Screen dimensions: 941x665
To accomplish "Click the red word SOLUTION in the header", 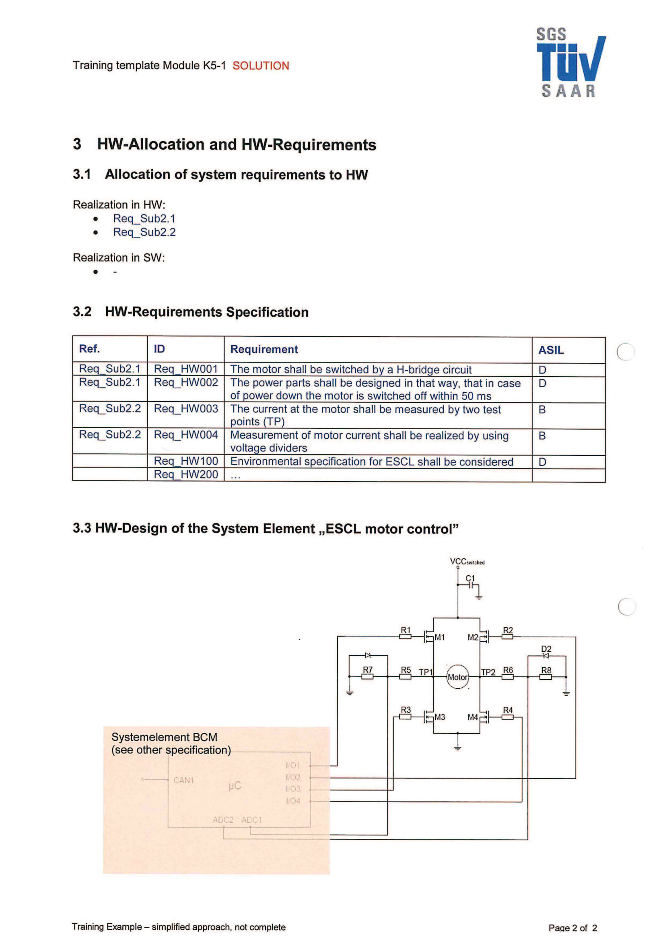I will coord(261,66).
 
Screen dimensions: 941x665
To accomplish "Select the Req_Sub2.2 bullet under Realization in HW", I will coord(144,232).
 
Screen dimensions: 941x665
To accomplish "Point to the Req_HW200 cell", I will coord(185,475).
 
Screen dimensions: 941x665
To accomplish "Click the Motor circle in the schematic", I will coord(457,677).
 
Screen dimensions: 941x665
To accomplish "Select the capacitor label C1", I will coord(470,578).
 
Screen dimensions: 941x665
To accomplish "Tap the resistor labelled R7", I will coord(368,676).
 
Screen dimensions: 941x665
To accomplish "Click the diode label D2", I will coord(546,649).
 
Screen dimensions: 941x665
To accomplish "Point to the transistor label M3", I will coord(440,717).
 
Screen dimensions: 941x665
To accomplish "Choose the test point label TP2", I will coord(488,672).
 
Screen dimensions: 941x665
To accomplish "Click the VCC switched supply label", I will coord(467,562).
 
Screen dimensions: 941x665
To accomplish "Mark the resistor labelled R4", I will coord(508,717).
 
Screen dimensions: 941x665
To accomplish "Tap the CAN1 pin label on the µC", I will coord(183,780).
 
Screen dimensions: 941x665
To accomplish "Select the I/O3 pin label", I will coord(293,789).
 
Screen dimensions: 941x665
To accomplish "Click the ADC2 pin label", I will coord(223,820).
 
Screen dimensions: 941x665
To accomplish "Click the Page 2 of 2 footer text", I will coord(572,928).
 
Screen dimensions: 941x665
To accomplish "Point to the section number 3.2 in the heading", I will coord(82,312).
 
